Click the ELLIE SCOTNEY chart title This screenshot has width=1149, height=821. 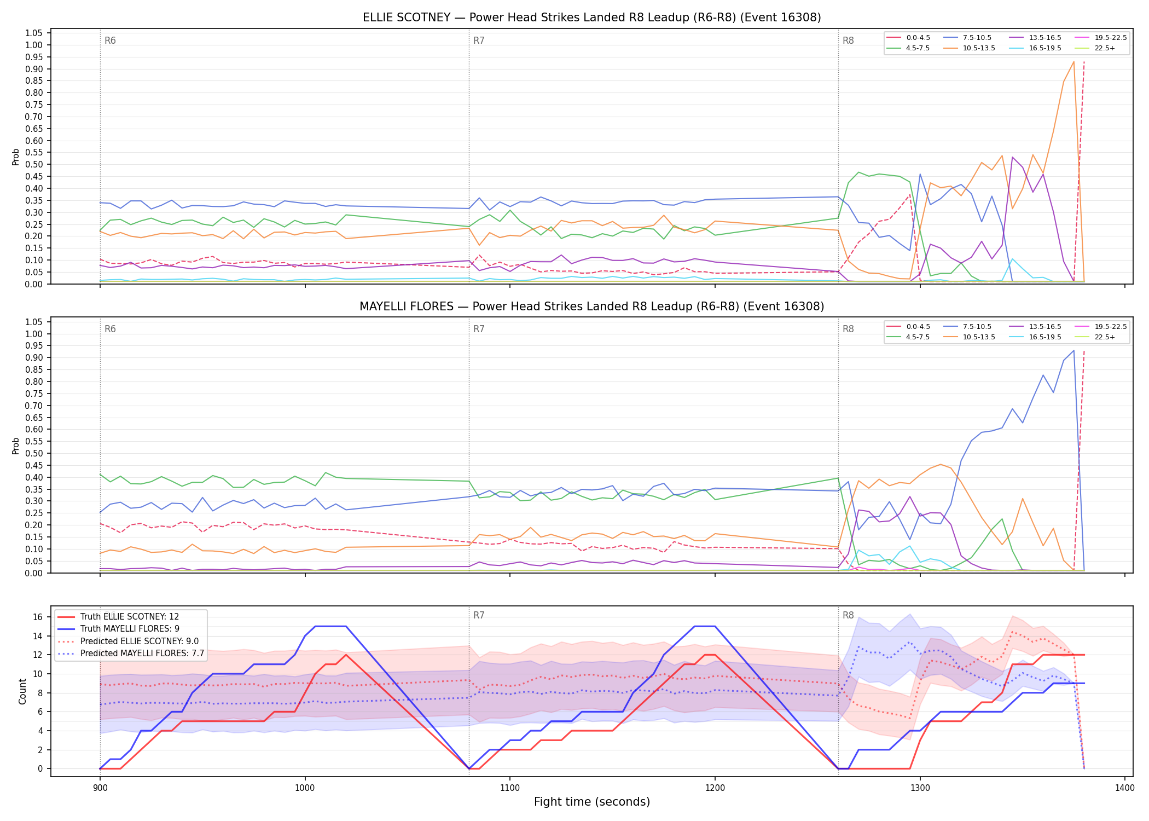[591, 18]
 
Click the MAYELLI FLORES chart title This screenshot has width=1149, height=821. [591, 307]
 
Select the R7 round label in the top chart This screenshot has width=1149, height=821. [479, 41]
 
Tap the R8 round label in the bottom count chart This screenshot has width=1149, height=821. [848, 615]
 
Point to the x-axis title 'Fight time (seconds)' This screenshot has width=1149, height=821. [592, 802]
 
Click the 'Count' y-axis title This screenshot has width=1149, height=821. [22, 691]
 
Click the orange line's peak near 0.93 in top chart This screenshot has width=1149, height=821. [1073, 61]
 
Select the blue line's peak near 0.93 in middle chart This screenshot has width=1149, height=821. [1073, 350]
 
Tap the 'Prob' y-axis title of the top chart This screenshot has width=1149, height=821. [16, 157]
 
